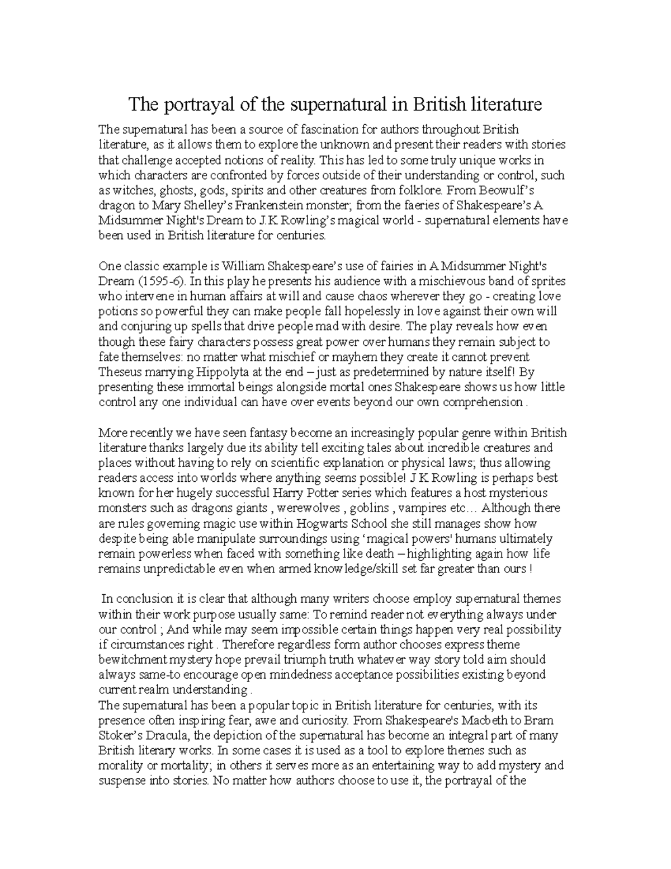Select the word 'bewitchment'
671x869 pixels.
[133, 660]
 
